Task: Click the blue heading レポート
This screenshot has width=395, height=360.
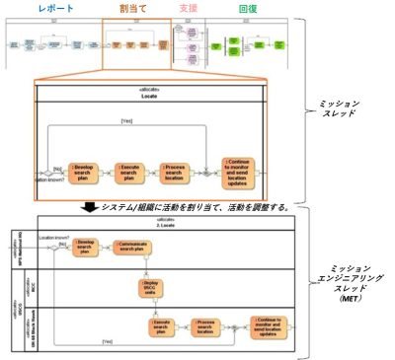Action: point(55,8)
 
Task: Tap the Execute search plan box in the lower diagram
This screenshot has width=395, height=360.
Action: point(164,327)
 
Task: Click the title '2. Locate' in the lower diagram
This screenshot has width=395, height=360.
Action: point(160,225)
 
